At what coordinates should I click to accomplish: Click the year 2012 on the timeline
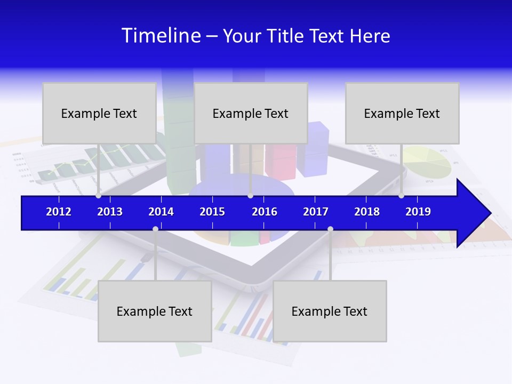click(59, 212)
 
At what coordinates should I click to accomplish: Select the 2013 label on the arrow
click(110, 212)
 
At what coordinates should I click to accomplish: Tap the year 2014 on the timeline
click(161, 212)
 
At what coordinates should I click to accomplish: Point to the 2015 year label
click(212, 212)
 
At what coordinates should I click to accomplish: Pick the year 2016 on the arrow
click(265, 212)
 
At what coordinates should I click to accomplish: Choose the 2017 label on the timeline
click(316, 212)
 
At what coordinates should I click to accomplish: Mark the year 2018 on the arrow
click(367, 212)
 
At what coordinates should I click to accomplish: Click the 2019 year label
click(418, 212)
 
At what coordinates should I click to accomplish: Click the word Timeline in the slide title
click(161, 36)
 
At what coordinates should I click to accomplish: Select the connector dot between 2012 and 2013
click(99, 196)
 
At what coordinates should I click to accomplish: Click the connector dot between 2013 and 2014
click(155, 229)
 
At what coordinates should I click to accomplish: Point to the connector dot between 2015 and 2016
click(250, 196)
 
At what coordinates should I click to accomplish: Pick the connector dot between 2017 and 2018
click(330, 229)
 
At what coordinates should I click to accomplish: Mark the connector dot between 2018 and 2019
click(401, 196)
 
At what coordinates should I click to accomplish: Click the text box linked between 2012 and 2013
click(99, 113)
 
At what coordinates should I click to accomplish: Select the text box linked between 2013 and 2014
click(155, 311)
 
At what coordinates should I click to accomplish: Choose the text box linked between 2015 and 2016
click(251, 113)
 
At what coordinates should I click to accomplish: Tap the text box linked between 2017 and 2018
click(330, 311)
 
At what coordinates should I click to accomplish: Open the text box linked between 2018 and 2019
click(402, 113)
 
